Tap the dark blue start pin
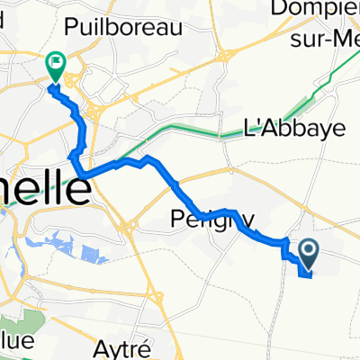[x=308, y=254]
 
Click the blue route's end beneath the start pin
[x=311, y=276]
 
